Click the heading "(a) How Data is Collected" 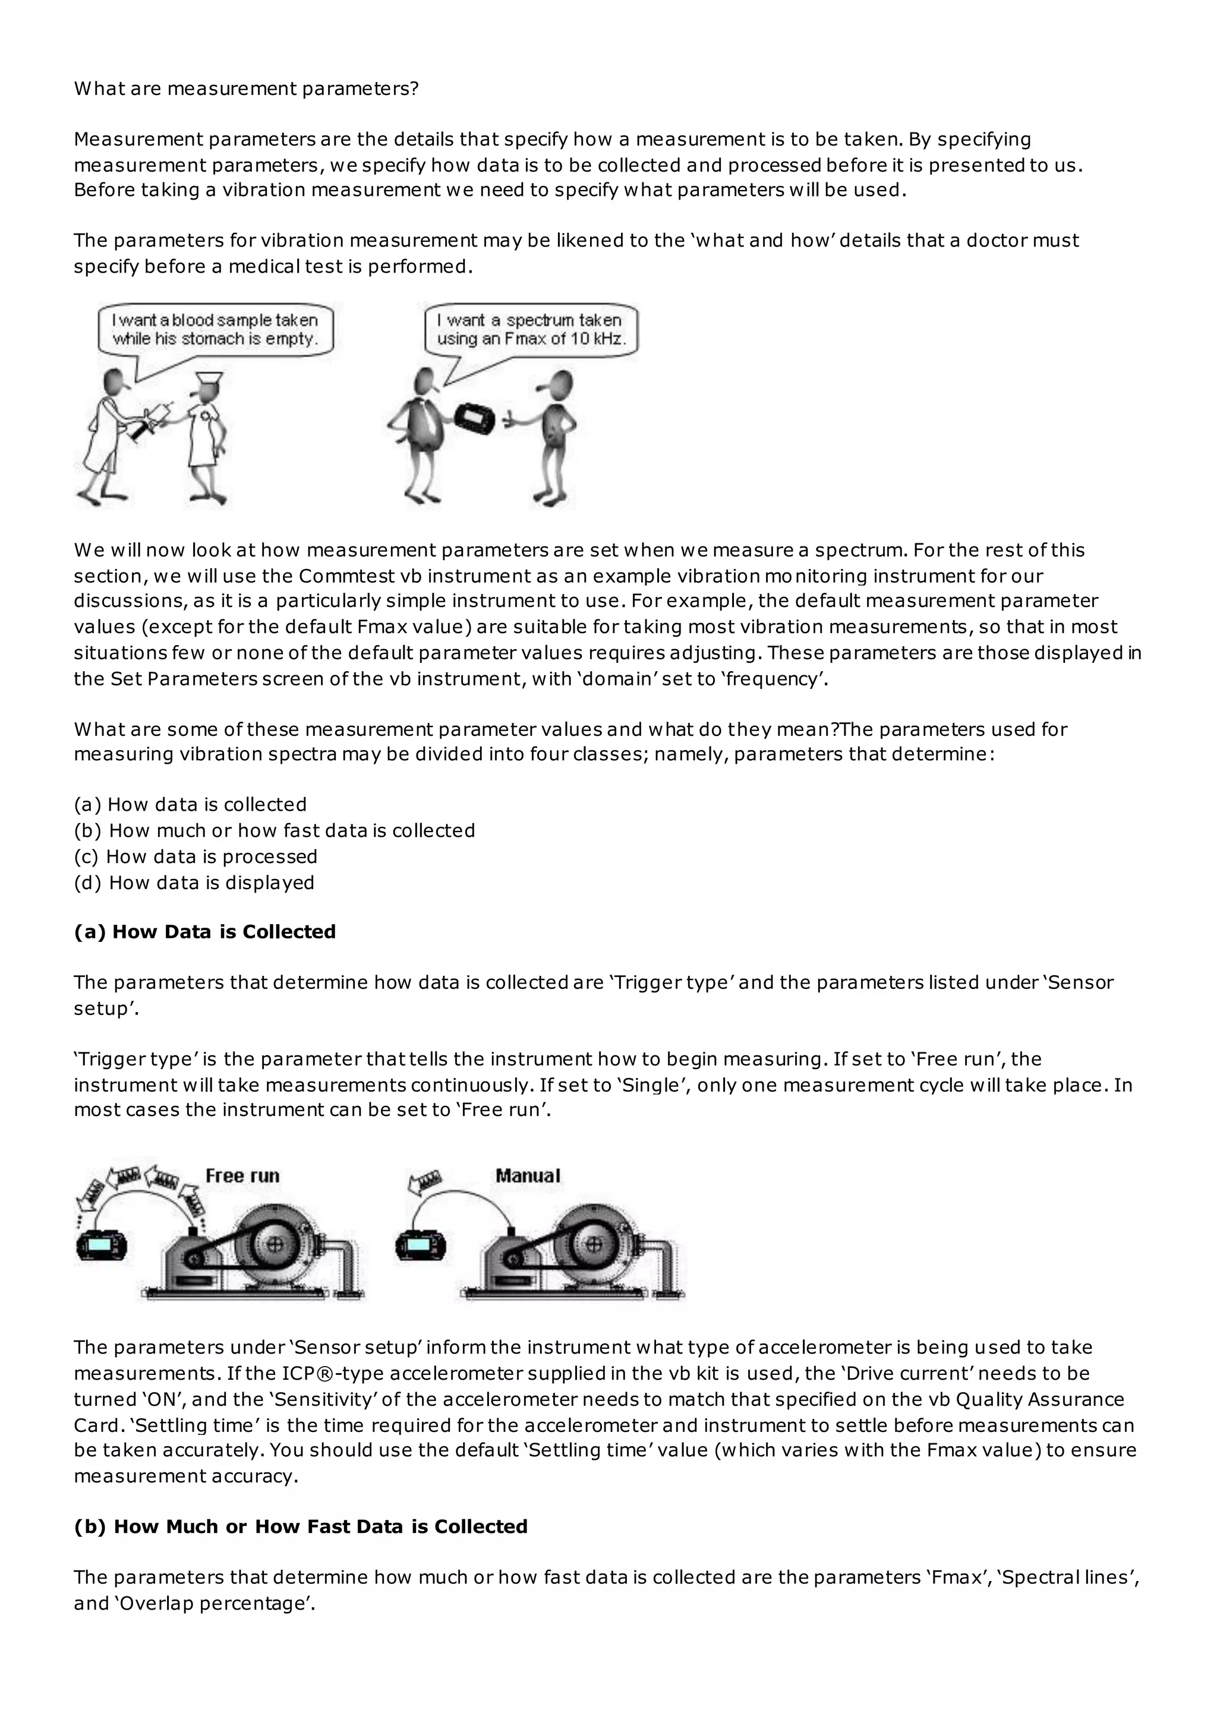click(204, 931)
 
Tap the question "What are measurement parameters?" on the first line click(246, 88)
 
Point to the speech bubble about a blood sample click(216, 330)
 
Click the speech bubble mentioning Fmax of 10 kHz click(531, 330)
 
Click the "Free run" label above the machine click(242, 1175)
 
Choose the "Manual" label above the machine click(528, 1175)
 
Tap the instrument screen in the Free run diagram click(101, 1247)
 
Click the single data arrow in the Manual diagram click(425, 1181)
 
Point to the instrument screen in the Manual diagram click(420, 1247)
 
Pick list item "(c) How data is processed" click(196, 856)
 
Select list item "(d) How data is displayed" click(194, 883)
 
